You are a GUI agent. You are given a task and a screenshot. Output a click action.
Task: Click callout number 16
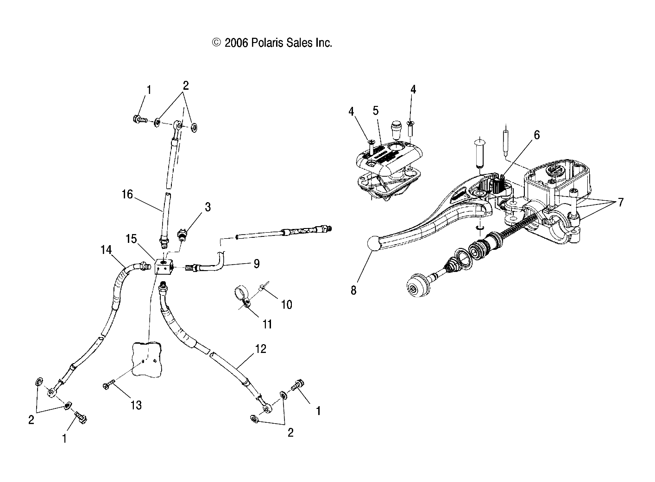pyautogui.click(x=127, y=194)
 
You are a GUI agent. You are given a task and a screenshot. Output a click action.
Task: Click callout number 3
pyautogui.click(x=208, y=207)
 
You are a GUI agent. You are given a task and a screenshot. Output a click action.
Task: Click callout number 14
pyautogui.click(x=106, y=250)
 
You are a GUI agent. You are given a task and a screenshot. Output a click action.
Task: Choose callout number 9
pyautogui.click(x=256, y=264)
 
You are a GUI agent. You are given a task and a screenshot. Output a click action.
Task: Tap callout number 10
pyautogui.click(x=286, y=304)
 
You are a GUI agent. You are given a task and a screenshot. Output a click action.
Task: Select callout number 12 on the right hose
pyautogui.click(x=260, y=349)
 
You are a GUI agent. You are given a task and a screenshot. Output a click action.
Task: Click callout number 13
pyautogui.click(x=136, y=405)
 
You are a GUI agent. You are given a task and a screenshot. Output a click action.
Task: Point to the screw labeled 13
pyautogui.click(x=108, y=385)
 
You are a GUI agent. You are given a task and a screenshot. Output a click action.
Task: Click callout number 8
pyautogui.click(x=353, y=290)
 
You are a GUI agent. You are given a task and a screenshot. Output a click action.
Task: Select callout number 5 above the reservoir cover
pyautogui.click(x=375, y=111)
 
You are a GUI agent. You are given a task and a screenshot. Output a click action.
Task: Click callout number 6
pyautogui.click(x=536, y=135)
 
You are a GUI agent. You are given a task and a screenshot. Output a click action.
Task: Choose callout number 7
pyautogui.click(x=620, y=202)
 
